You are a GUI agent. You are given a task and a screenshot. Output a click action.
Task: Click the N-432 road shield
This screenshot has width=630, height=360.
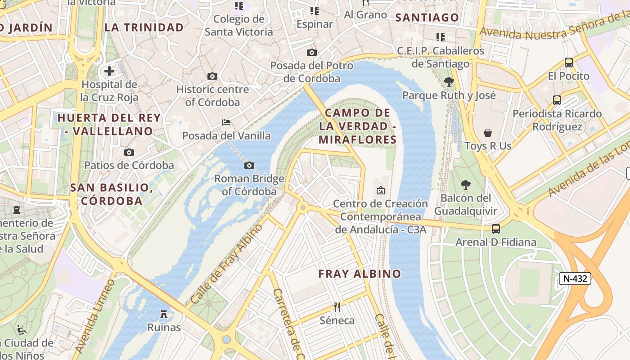point(575,279)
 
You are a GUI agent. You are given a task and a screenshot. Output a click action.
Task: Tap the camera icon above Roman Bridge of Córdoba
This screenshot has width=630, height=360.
point(249,166)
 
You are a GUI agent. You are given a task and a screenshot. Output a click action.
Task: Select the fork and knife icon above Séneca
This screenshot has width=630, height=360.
point(337,307)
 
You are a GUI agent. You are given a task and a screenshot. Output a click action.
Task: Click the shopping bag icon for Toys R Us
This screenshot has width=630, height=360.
point(488,133)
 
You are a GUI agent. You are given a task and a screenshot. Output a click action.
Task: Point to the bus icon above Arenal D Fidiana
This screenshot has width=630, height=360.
point(496,229)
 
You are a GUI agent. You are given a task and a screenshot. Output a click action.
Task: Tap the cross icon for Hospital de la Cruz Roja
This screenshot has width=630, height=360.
point(109,71)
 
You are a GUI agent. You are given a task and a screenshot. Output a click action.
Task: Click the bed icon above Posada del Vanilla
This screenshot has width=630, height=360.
point(226,122)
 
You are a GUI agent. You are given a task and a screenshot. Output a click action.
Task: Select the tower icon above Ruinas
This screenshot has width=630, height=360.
point(164,314)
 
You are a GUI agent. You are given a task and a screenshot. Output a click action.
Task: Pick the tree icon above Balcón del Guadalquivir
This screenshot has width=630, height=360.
point(465,185)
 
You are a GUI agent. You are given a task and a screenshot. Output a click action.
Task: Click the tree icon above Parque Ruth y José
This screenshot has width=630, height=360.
point(449,82)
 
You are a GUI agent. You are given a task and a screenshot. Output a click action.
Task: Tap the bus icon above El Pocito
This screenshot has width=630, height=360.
point(569,63)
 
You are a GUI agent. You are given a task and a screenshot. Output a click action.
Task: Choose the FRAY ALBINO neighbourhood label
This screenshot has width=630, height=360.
point(360,274)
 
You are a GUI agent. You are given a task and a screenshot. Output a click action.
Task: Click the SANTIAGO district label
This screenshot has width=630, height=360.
point(427,18)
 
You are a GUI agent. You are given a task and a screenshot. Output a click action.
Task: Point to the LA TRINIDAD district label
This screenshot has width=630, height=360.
point(144,27)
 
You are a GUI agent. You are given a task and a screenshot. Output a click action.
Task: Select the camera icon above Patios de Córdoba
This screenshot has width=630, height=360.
point(129,152)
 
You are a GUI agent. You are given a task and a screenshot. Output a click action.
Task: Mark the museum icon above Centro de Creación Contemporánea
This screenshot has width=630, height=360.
point(381,190)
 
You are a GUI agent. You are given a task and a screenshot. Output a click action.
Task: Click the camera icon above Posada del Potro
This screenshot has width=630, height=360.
point(311,53)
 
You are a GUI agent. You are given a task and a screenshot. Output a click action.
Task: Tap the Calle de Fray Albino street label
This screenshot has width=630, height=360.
point(226,263)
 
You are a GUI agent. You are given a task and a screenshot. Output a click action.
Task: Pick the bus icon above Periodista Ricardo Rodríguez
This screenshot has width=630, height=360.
point(557,100)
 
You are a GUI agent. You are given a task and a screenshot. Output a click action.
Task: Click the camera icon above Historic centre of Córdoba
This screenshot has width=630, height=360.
point(212,76)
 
